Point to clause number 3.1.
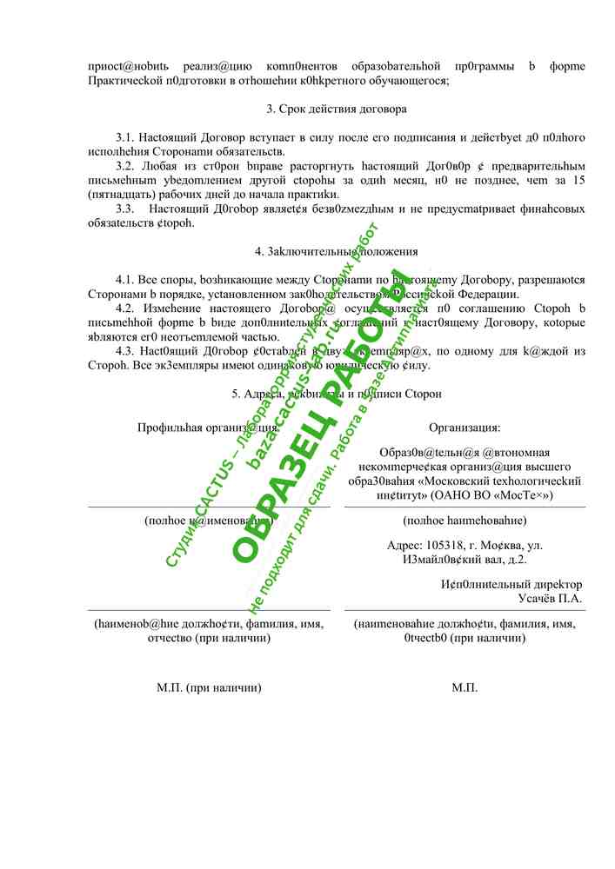[126, 138]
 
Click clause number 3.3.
[126, 209]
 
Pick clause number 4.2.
[126, 308]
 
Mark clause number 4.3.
[126, 351]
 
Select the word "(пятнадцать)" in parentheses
[120, 194]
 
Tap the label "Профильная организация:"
[208, 428]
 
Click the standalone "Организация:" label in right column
[465, 428]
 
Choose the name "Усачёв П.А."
[550, 599]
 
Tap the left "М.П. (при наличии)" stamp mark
[209, 687]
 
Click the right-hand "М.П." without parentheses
[465, 687]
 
